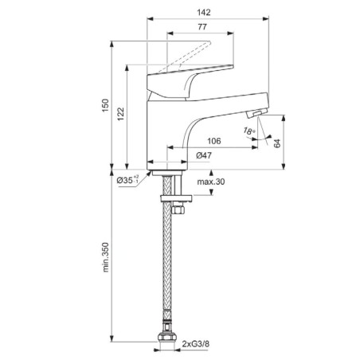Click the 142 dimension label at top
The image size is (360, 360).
pyautogui.click(x=204, y=13)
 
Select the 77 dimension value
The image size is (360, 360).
pyautogui.click(x=202, y=27)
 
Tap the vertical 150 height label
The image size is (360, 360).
pyautogui.click(x=106, y=105)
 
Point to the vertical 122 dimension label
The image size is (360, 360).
pyautogui.click(x=121, y=114)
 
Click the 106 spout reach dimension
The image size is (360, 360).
pyautogui.click(x=213, y=141)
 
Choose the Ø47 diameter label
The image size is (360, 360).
pyautogui.click(x=204, y=155)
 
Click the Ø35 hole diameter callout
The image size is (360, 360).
pyautogui.click(x=127, y=180)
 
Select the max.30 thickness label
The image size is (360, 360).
pyautogui.click(x=211, y=182)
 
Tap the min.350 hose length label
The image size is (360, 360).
pyautogui.click(x=106, y=257)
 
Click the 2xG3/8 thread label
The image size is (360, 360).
pyautogui.click(x=196, y=344)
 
